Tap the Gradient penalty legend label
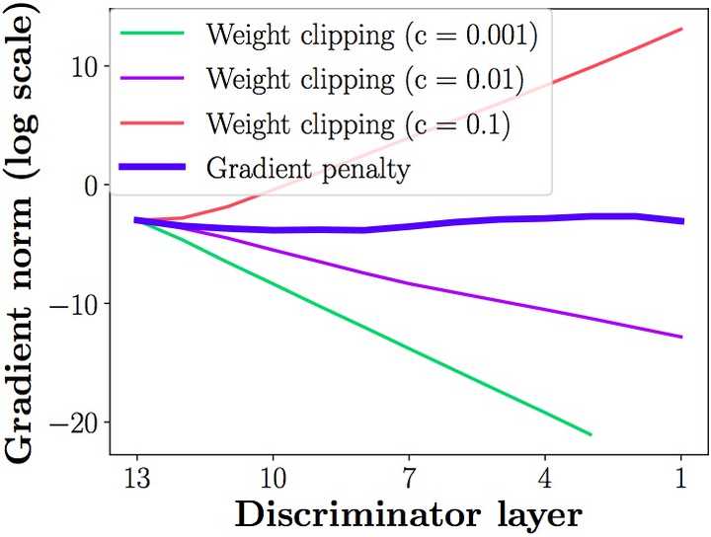point(307,169)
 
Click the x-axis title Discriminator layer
point(408,514)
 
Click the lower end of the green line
point(591,434)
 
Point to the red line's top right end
point(681,29)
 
